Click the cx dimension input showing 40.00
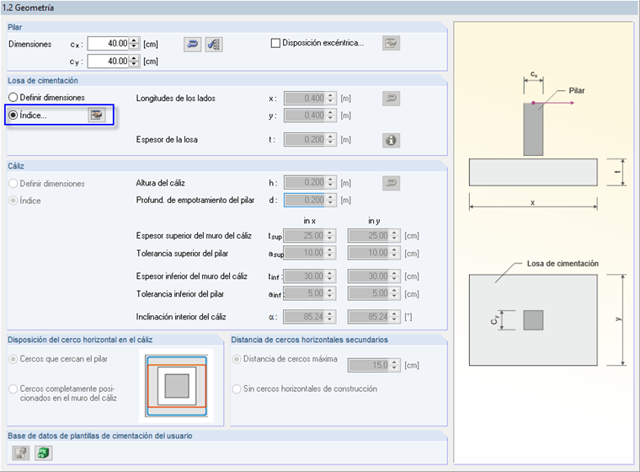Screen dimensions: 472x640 107,44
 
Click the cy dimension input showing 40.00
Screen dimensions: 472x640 107,62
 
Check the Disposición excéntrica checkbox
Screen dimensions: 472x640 275,44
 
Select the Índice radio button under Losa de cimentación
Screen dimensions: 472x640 13,115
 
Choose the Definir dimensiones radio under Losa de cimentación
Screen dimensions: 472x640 13,98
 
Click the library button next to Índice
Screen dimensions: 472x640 97,115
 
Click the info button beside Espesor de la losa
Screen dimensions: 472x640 390,141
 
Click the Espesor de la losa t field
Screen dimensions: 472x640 305,141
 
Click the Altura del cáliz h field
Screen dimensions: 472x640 305,183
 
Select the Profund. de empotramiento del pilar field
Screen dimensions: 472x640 305,200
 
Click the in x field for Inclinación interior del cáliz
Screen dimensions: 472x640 305,317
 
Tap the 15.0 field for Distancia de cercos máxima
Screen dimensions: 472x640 367,365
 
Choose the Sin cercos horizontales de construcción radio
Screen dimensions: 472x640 237,389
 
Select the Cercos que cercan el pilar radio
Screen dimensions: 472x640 13,359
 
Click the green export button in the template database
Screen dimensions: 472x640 42,453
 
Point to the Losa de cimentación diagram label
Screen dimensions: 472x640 563,264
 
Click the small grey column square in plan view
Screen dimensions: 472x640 532,319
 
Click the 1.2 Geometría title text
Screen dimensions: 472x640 29,8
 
